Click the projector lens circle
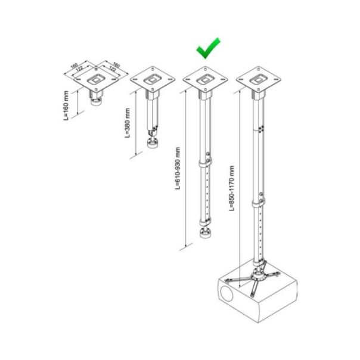coord(227,295)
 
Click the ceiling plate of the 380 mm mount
coord(153,80)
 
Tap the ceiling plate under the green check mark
coord(206,79)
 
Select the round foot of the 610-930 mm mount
coord(206,232)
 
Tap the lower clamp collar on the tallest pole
coord(259,204)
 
